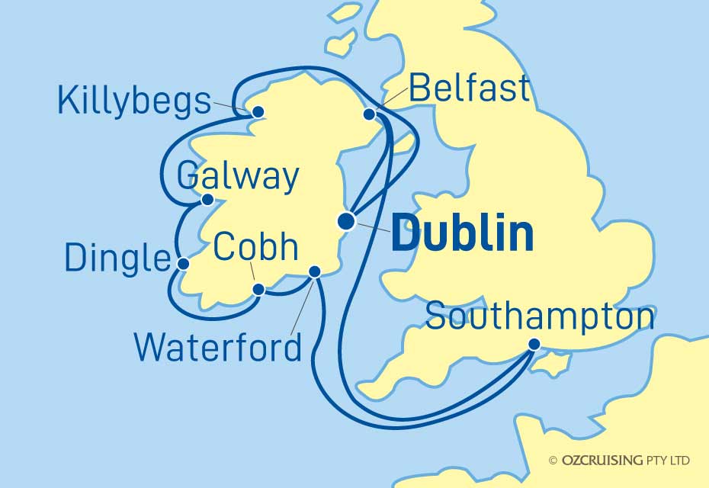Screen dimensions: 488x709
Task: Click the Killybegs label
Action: [134, 101]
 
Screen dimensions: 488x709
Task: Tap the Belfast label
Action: [469, 88]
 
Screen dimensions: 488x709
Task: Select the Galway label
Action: [237, 177]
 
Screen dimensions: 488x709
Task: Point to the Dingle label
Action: [116, 258]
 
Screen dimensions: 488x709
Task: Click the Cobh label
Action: [255, 247]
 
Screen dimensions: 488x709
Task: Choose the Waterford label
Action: [218, 348]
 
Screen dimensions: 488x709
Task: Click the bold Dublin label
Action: [462, 233]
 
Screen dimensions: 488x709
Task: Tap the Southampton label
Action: [540, 317]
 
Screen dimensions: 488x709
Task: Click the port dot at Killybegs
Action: [258, 112]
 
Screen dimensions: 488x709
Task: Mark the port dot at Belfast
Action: [369, 114]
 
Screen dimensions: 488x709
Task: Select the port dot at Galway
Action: [207, 200]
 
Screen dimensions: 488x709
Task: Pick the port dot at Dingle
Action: [183, 264]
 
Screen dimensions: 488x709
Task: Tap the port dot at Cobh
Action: [258, 289]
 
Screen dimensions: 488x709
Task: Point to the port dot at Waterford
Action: [314, 271]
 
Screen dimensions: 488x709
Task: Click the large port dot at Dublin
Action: [346, 221]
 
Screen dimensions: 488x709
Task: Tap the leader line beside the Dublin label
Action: [369, 226]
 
